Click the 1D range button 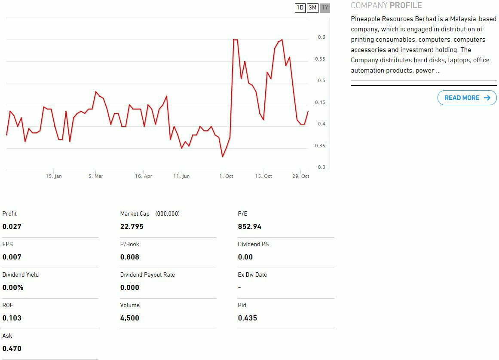click(300, 8)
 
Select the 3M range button click(312, 8)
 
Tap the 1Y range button click(325, 8)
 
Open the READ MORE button click(467, 98)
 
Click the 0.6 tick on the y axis click(321, 37)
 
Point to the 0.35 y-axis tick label click(320, 146)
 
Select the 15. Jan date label click(54, 176)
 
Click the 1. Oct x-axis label click(226, 176)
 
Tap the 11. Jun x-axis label click(181, 176)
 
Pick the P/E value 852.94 click(250, 226)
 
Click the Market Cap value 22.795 click(132, 226)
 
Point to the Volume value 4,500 click(130, 318)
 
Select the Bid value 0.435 click(248, 318)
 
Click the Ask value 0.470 click(12, 348)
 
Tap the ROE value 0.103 click(12, 318)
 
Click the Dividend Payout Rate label click(147, 275)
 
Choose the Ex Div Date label click(252, 275)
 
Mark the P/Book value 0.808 click(130, 257)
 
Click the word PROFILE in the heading click(406, 6)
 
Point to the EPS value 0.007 click(12, 257)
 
